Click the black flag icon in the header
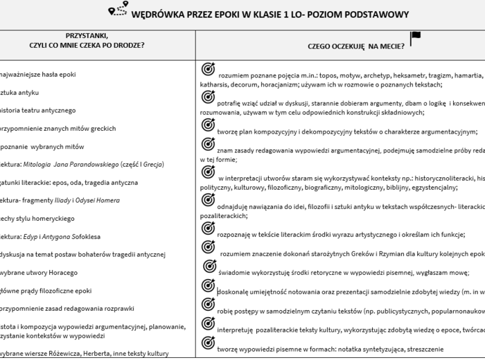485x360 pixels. tap(415, 38)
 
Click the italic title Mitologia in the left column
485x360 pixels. tap(39, 165)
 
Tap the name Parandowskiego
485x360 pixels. tap(94, 165)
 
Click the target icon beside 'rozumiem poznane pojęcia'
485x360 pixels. tap(207, 69)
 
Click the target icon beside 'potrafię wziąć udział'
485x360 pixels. tap(207, 98)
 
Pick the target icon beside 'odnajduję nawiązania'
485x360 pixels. tap(207, 203)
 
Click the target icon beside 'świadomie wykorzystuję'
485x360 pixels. tap(207, 268)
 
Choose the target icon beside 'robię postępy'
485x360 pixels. tap(207, 305)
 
